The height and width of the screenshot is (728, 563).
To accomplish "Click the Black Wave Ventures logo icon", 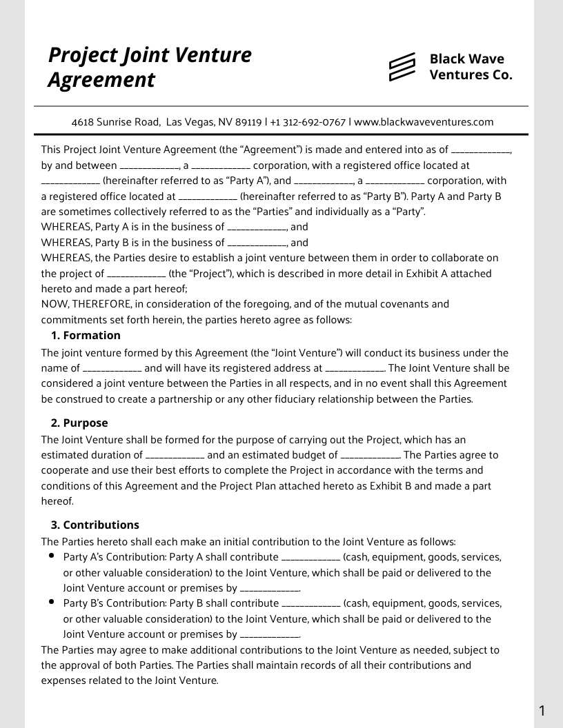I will coord(402,66).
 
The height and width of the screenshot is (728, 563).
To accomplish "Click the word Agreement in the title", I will coord(101,80).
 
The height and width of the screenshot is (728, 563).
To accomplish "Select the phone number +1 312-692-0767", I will coord(308,122).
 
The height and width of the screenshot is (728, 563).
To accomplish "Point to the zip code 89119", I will coord(248,122).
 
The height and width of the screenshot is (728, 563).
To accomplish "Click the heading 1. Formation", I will coord(86,336).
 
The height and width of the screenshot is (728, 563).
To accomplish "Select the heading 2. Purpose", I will coord(79,423).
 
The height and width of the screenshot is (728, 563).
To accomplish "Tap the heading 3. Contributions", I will coord(95,525).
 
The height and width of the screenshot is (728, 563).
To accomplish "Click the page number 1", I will coord(542,711).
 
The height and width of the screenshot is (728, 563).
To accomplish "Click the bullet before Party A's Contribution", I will coord(52,556).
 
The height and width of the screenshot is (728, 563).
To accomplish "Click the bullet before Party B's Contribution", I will coord(52,602).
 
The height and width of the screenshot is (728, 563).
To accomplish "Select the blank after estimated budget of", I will coord(371,456).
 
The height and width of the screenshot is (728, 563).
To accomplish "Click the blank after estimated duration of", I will coord(175,456).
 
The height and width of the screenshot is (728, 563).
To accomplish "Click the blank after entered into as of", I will coord(480,150).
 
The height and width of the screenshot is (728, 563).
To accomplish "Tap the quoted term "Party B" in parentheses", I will coord(385,196).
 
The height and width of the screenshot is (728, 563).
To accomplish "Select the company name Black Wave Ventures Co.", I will coord(471,67).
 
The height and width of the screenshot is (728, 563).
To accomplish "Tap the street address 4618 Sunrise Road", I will coord(115,122).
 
